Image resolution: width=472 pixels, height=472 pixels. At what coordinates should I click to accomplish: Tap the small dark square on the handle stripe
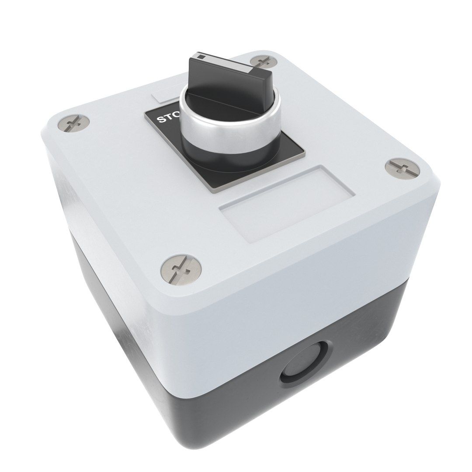(x=201, y=56)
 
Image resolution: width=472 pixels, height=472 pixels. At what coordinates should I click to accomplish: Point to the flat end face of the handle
(x=257, y=83)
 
